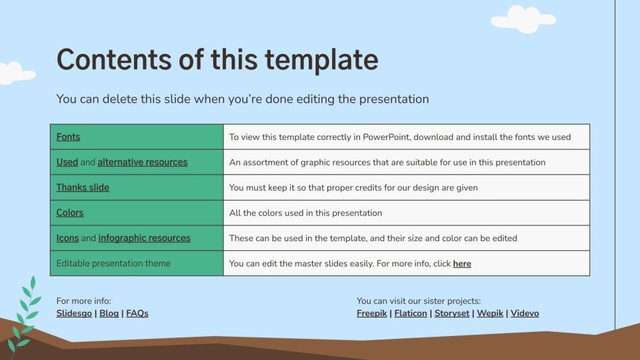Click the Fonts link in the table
[68, 137]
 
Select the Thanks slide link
[83, 187]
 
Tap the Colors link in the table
[70, 212]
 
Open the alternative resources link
[142, 162]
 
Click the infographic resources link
[144, 238]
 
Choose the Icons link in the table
[68, 238]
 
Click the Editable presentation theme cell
[113, 264]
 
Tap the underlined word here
[462, 264]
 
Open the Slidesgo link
[74, 314]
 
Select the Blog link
[109, 314]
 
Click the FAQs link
[137, 314]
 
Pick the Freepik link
[372, 314]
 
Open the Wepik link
[489, 314]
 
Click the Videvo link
[525, 314]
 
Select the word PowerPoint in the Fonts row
[387, 137]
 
